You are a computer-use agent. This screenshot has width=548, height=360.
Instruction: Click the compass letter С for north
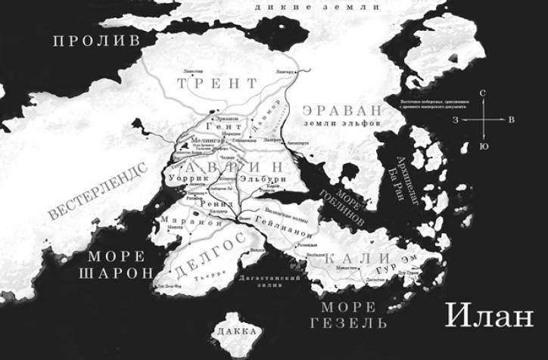coord(483,92)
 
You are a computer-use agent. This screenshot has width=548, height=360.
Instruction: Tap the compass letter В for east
coord(512,119)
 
